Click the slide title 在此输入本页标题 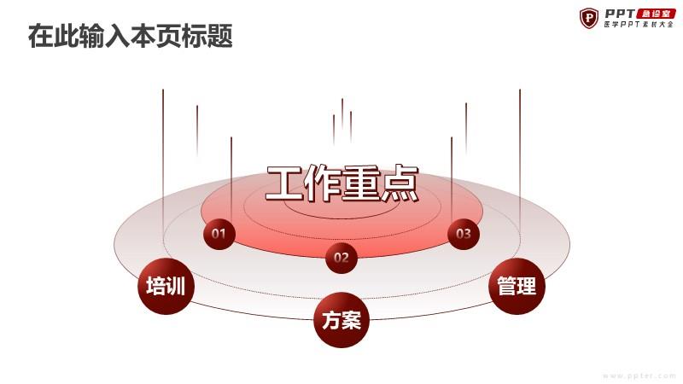(131, 36)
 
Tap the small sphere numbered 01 (219, 234)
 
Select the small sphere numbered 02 (341, 258)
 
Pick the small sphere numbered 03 (464, 234)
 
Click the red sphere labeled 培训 (166, 286)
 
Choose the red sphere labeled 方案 (341, 320)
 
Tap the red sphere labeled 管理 (517, 286)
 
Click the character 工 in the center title (285, 183)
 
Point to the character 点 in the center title (400, 183)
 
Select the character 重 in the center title (361, 183)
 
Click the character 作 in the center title (324, 183)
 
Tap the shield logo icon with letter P (589, 18)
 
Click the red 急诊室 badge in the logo (656, 14)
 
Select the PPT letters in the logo (620, 14)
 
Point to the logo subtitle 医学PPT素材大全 (639, 25)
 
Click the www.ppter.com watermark (639, 375)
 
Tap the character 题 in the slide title (220, 36)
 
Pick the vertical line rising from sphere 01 (231, 178)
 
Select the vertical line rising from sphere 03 (452, 178)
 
